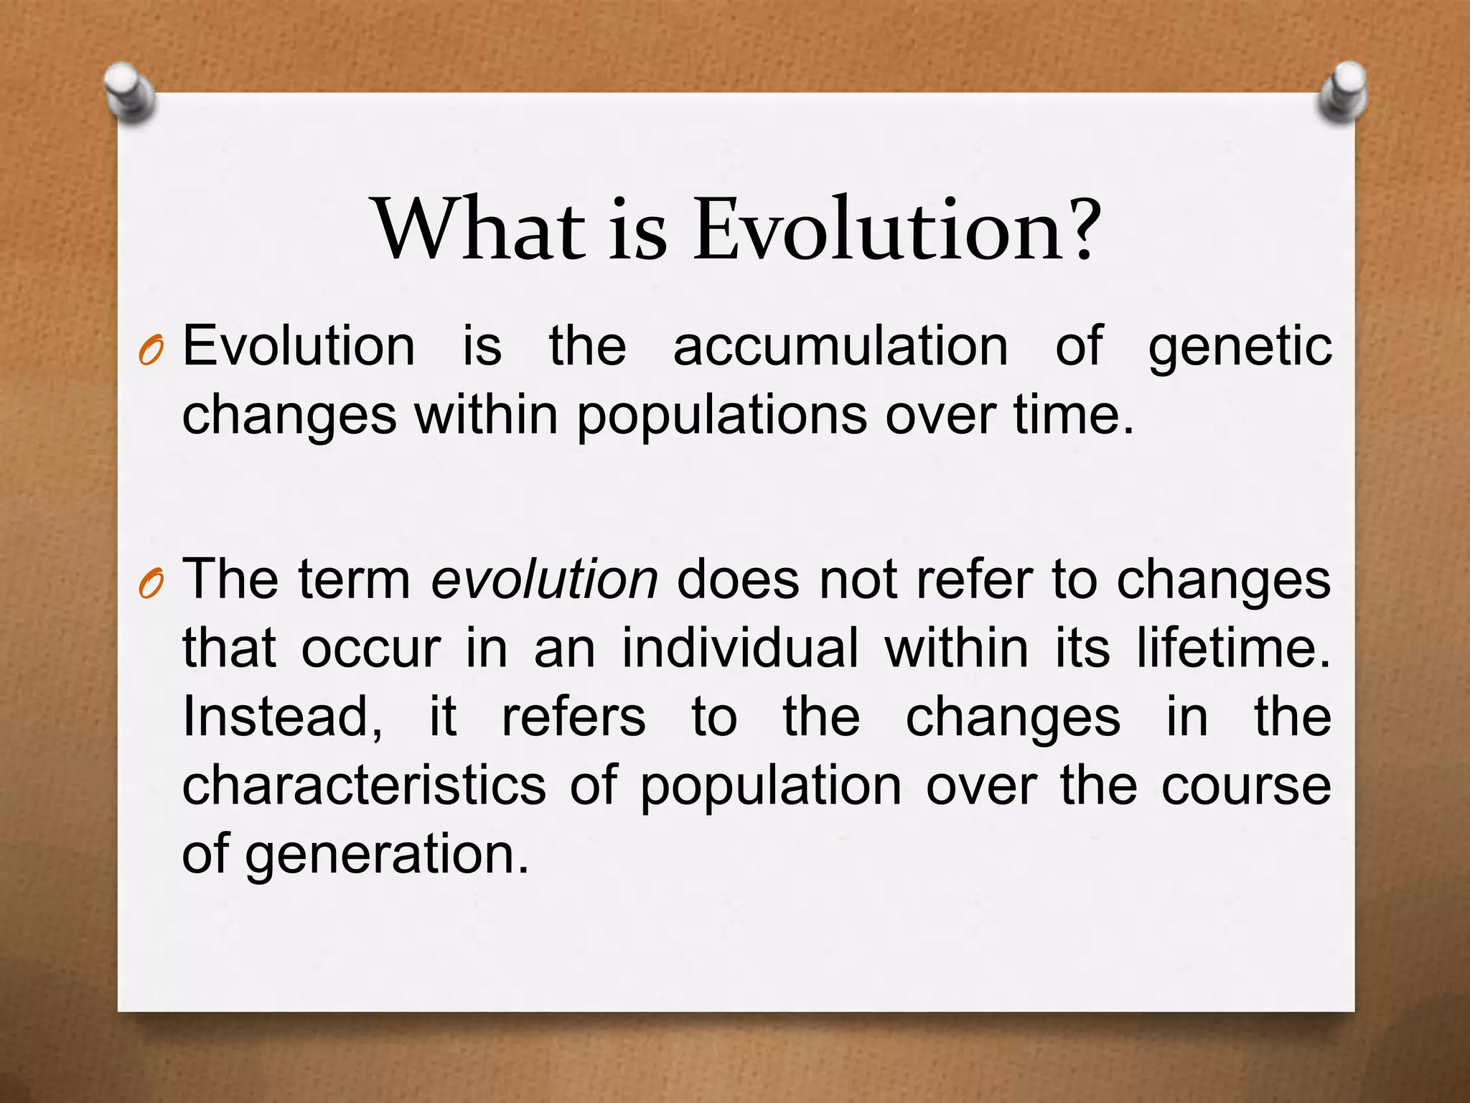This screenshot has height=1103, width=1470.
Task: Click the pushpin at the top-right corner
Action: click(x=1342, y=92)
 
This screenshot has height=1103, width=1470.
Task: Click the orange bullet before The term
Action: click(x=151, y=586)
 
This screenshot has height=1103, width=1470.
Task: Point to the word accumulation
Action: click(x=841, y=347)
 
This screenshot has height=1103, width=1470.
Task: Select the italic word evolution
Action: click(x=544, y=580)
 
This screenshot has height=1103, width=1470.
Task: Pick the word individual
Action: click(x=740, y=648)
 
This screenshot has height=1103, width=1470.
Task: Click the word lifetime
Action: click(x=1232, y=648)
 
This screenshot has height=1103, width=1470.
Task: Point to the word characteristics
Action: click(x=364, y=785)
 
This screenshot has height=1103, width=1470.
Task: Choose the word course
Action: click(x=1246, y=785)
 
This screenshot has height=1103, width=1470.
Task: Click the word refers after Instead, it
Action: click(x=573, y=717)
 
